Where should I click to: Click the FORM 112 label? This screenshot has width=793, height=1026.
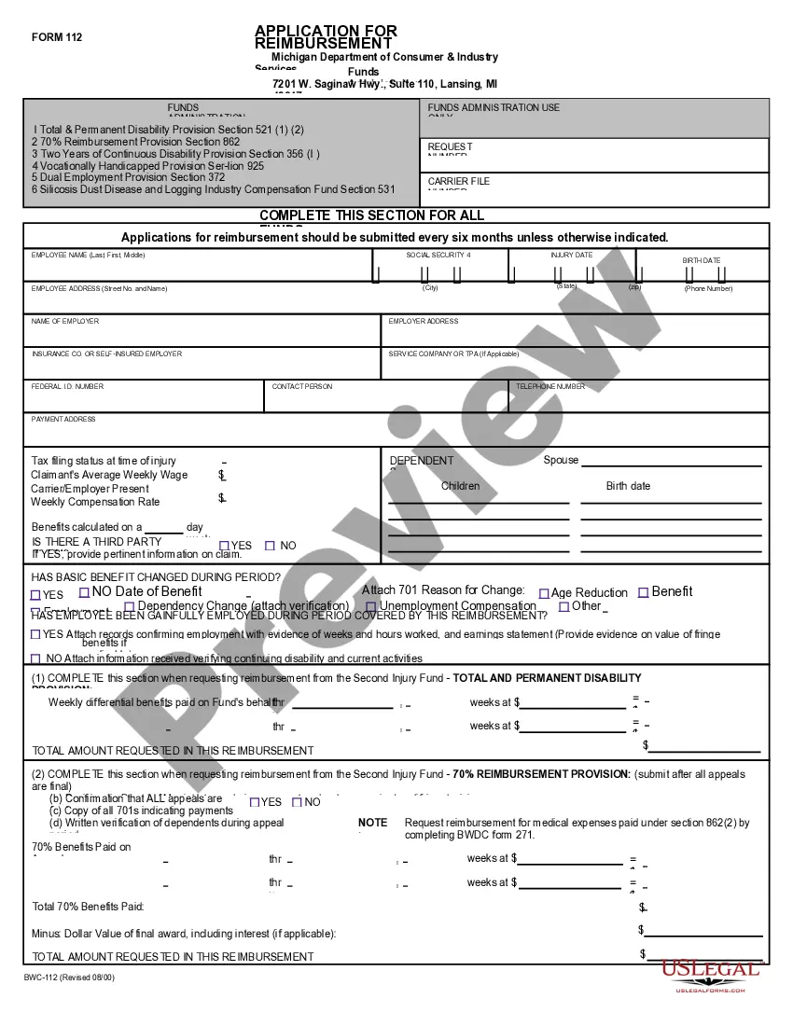click(57, 37)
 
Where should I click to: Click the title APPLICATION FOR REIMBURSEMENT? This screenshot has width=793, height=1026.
click(325, 37)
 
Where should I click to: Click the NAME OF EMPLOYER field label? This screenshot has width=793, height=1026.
click(65, 321)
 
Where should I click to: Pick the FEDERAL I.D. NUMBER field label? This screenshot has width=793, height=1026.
click(67, 386)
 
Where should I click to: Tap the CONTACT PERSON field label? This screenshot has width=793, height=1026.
click(302, 386)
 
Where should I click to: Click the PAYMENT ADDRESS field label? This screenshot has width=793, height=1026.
click(63, 420)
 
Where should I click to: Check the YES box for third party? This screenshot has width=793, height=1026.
click(224, 546)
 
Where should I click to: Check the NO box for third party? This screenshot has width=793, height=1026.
click(271, 546)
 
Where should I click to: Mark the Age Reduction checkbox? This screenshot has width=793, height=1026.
click(545, 593)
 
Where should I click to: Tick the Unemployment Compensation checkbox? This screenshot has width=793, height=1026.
click(371, 607)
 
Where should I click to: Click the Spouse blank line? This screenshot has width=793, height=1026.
click(672, 464)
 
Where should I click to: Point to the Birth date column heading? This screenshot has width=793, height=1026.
click(628, 486)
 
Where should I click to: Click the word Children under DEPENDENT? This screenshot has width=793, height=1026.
click(460, 486)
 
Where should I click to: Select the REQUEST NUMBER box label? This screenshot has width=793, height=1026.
click(450, 147)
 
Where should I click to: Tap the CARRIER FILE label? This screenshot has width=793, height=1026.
click(458, 182)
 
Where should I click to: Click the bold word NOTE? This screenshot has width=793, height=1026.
click(372, 823)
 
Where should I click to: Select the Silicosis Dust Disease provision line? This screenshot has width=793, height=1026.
click(217, 189)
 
